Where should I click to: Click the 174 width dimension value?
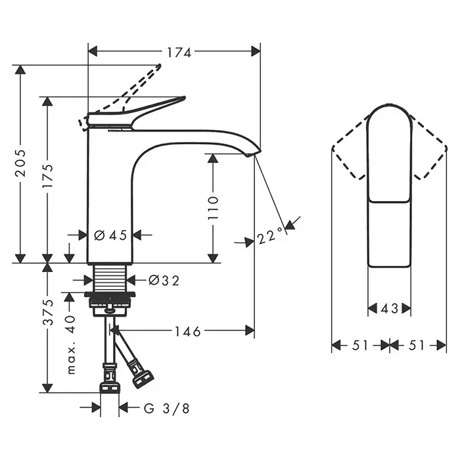(179, 53)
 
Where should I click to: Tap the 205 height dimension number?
(20, 163)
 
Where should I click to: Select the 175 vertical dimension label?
(47, 176)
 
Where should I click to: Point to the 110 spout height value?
(213, 208)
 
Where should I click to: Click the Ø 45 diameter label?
(110, 235)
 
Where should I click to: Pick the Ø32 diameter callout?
(164, 281)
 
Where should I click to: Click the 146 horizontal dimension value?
(188, 331)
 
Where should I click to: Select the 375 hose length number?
(48, 312)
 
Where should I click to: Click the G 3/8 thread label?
(167, 408)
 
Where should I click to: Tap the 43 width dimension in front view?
(390, 308)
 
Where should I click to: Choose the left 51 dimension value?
(360, 345)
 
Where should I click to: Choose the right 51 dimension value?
(417, 345)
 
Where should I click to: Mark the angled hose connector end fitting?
(143, 379)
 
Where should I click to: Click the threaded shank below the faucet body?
(110, 279)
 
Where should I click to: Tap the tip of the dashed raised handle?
(159, 66)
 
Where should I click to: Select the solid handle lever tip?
(183, 98)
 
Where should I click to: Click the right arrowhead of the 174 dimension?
(256, 51)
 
